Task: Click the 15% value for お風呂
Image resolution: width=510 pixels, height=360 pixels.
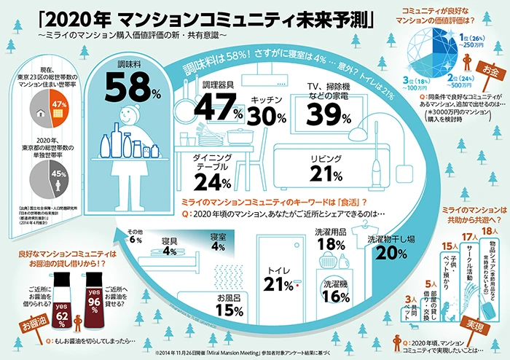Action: click(228, 310)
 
